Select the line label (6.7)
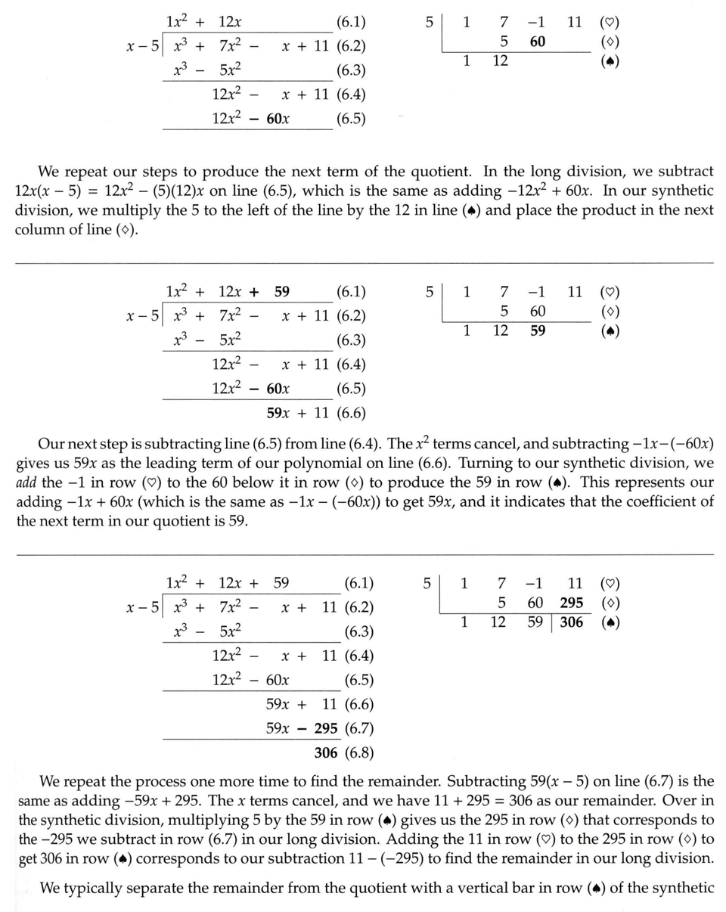pos(358,729)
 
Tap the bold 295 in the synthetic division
pos(571,603)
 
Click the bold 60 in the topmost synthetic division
pos(537,42)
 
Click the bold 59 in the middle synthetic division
pos(537,330)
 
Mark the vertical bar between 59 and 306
pos(553,623)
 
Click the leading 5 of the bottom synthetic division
pos(427,584)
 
